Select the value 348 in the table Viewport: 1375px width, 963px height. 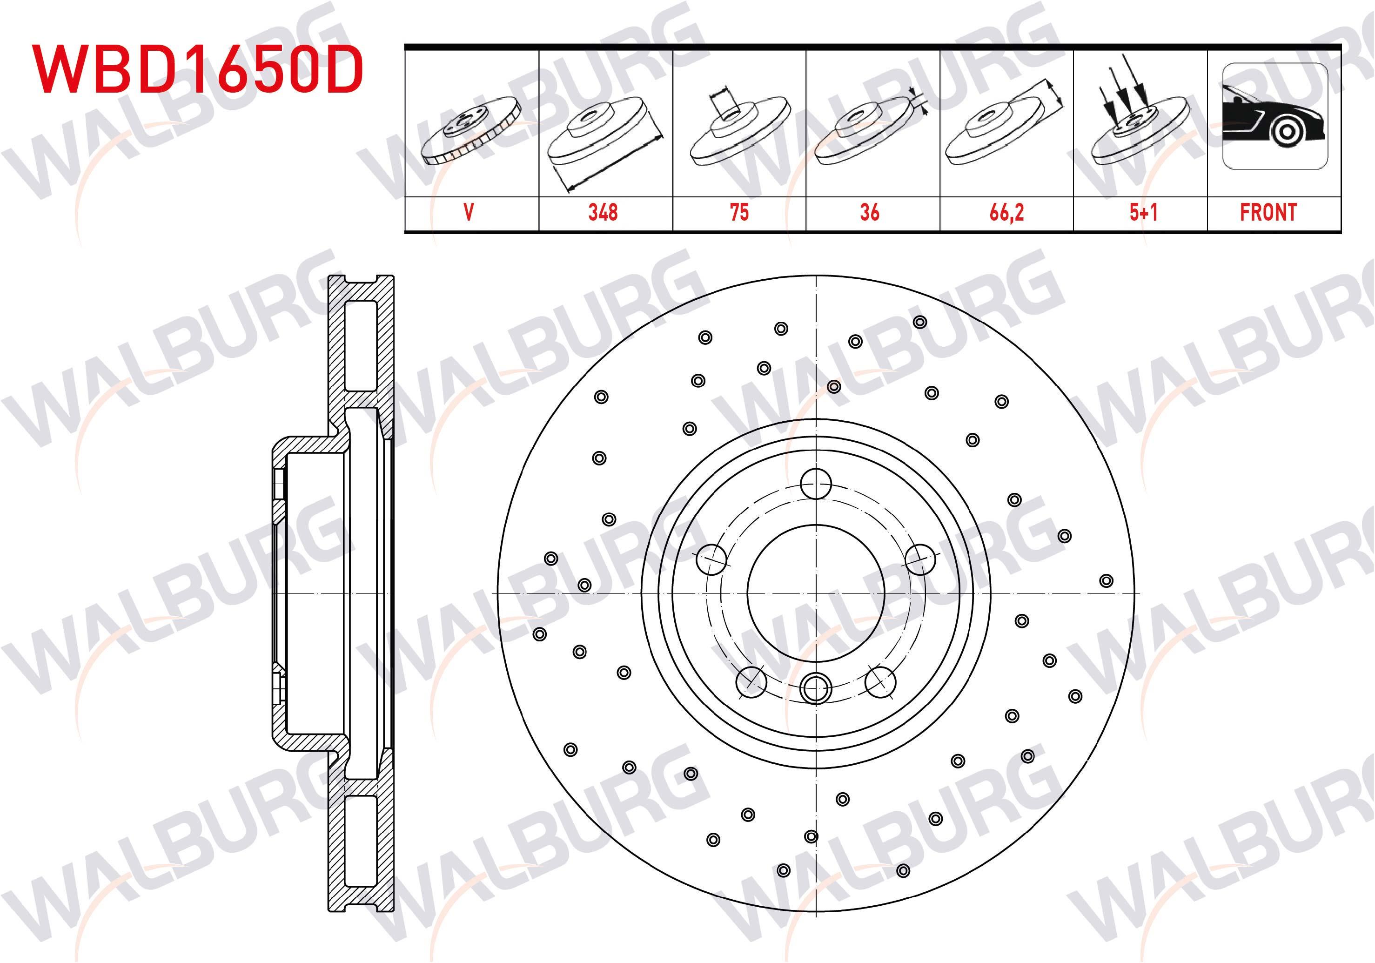pos(603,213)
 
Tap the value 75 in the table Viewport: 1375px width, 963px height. pos(739,213)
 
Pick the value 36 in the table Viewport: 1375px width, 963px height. pos(870,213)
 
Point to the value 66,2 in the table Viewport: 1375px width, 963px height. pos(1006,213)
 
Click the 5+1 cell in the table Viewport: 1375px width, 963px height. pos(1143,213)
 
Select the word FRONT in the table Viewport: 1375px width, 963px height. pos(1268,213)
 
